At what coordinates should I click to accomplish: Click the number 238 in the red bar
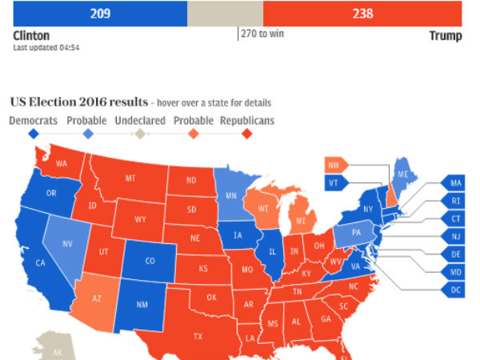[x=362, y=14]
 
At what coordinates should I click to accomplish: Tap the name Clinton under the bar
[x=32, y=36]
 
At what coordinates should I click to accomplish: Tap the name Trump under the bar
[x=445, y=36]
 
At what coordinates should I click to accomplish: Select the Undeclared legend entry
[x=140, y=121]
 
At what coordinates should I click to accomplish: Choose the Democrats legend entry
[x=34, y=121]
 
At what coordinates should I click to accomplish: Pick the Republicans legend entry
[x=246, y=121]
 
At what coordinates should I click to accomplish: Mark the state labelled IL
[x=272, y=250]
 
